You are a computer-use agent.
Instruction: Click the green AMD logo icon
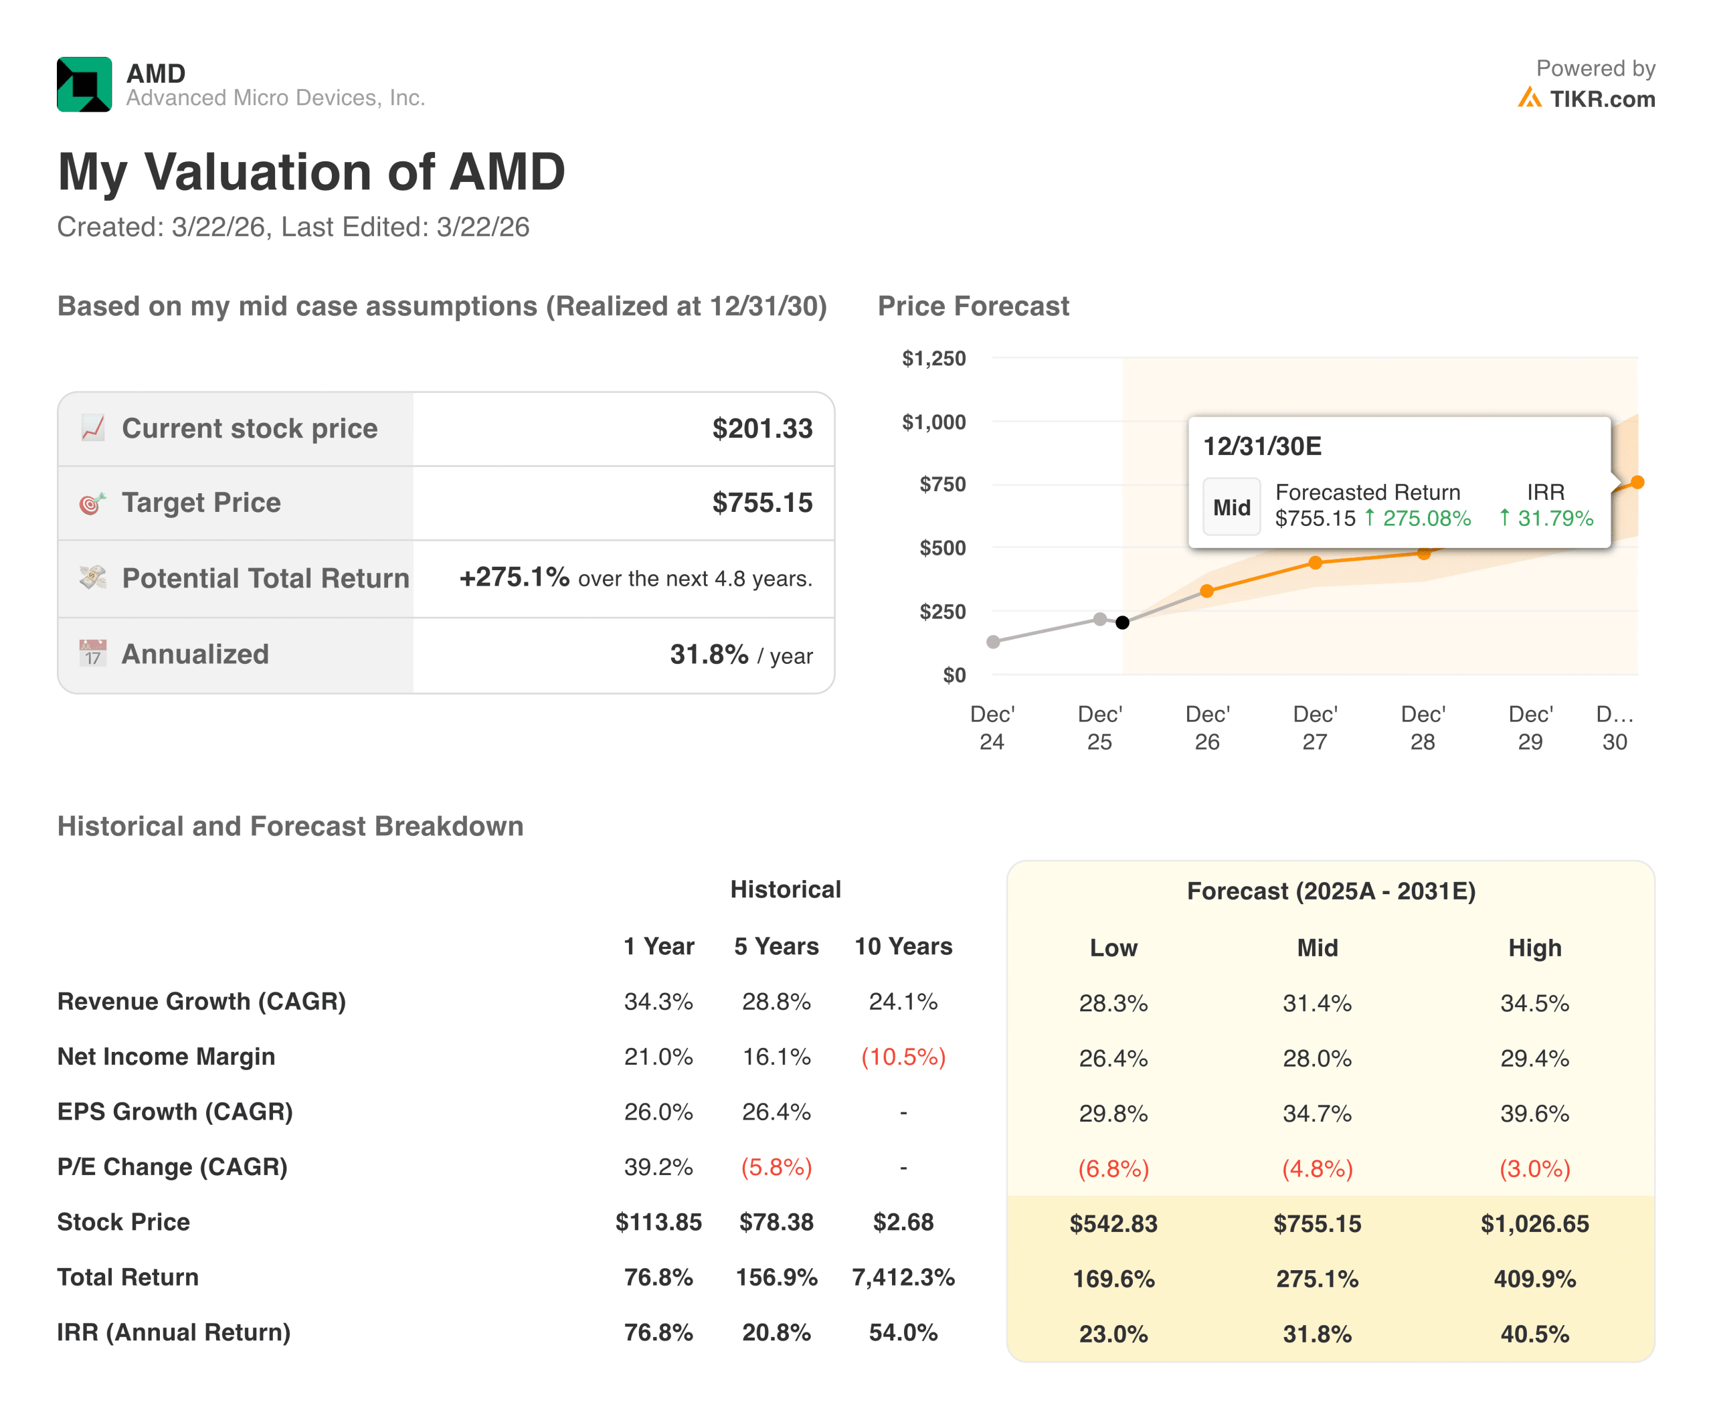pyautogui.click(x=84, y=84)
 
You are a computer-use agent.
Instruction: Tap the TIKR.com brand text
pyautogui.click(x=1601, y=99)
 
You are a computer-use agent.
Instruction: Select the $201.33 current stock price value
pyautogui.click(x=761, y=428)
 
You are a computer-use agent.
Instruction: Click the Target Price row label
pyautogui.click(x=201, y=503)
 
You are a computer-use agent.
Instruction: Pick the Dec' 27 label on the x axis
pyautogui.click(x=1314, y=727)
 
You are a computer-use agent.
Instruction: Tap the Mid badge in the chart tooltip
pyautogui.click(x=1231, y=508)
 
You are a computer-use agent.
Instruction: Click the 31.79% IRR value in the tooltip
pyautogui.click(x=1554, y=519)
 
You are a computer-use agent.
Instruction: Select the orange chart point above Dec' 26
pyautogui.click(x=1206, y=591)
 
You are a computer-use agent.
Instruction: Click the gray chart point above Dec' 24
pyautogui.click(x=993, y=642)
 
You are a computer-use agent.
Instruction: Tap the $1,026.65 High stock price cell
pyautogui.click(x=1534, y=1224)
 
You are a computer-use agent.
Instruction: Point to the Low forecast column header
pyautogui.click(x=1113, y=948)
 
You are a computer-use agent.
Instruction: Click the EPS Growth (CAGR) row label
pyautogui.click(x=175, y=1112)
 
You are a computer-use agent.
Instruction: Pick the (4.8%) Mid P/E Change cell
pyautogui.click(x=1317, y=1168)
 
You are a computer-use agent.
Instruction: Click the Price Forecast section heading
pyautogui.click(x=973, y=306)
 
